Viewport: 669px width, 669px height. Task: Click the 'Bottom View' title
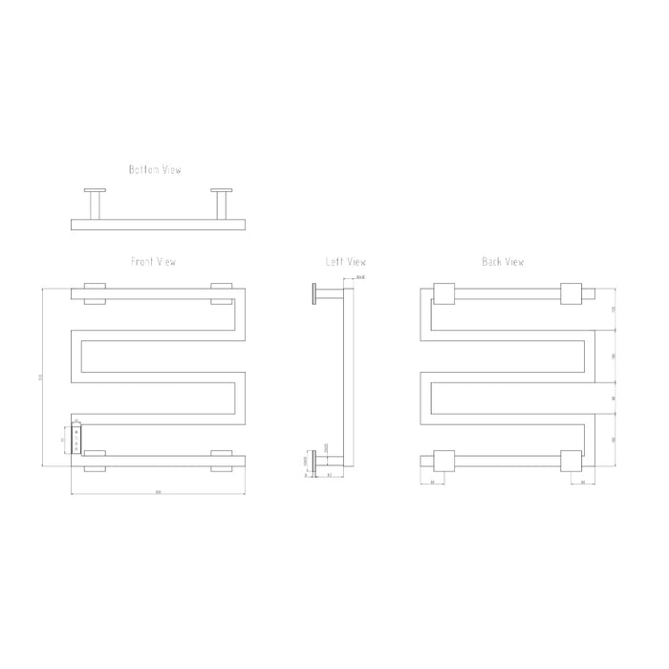point(155,170)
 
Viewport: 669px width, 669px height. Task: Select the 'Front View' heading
point(154,261)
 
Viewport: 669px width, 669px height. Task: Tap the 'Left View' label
point(346,261)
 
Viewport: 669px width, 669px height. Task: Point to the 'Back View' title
point(503,261)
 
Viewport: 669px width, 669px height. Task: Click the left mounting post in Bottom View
point(97,204)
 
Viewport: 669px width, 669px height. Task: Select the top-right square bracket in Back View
point(572,293)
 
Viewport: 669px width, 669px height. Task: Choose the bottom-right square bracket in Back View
point(572,461)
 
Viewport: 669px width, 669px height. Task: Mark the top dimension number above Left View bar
point(359,277)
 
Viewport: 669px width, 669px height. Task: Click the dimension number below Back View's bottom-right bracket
point(583,483)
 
